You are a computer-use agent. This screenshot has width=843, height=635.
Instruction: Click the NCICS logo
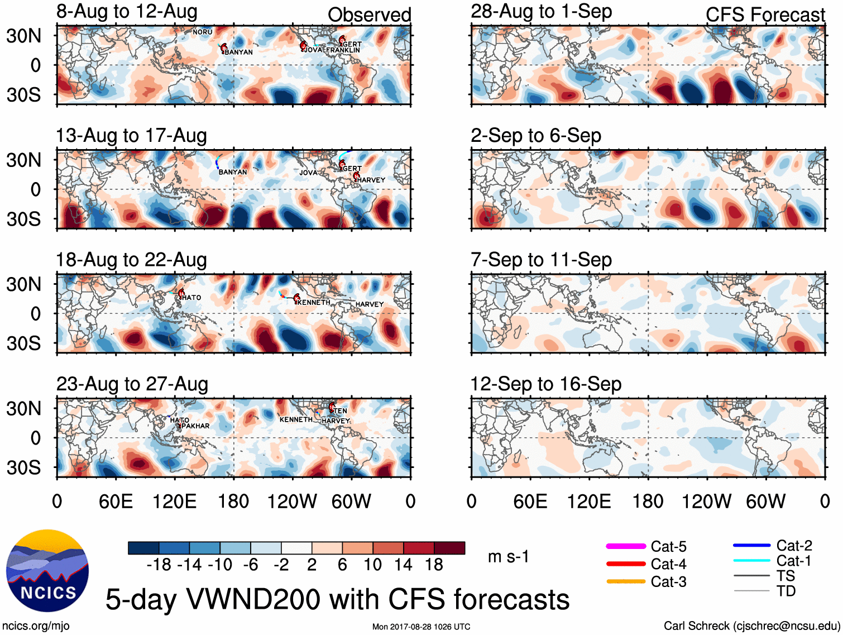(x=47, y=570)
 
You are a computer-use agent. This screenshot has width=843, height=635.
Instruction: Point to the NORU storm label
(x=203, y=32)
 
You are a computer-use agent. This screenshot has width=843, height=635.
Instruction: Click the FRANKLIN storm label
(x=343, y=50)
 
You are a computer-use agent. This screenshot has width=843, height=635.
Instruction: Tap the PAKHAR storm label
(x=195, y=426)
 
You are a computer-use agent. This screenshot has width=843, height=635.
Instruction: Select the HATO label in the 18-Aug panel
(x=191, y=298)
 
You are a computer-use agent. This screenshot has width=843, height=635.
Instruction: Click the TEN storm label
(x=341, y=411)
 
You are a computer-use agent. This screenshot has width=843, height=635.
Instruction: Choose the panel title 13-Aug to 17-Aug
(x=131, y=136)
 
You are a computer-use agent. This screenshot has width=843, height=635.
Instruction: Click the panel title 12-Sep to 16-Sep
(x=545, y=384)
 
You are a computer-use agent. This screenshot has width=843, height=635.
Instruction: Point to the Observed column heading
(x=369, y=15)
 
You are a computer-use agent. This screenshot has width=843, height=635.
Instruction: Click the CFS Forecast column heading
(x=765, y=15)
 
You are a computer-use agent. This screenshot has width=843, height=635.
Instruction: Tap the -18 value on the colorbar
(x=159, y=565)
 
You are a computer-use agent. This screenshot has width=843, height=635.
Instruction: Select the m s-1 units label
(x=508, y=557)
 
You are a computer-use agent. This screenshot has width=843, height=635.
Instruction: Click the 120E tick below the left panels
(x=174, y=502)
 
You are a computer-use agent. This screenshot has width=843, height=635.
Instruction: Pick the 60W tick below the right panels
(x=765, y=502)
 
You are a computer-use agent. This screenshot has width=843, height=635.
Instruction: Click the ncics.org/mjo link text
(x=36, y=626)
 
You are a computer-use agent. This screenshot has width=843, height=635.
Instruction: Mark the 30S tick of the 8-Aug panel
(x=24, y=95)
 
